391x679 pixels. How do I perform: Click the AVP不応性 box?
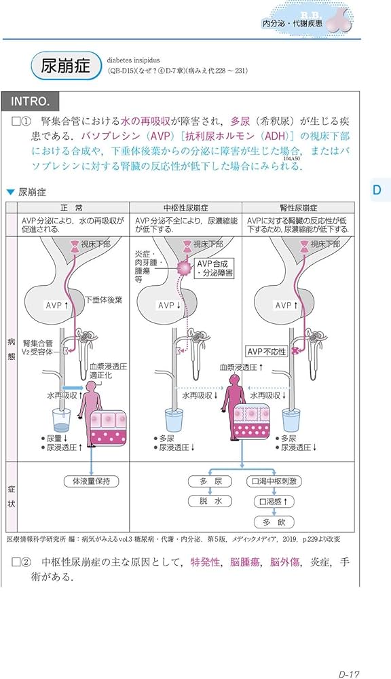click(x=267, y=351)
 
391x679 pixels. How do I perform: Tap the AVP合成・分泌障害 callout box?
click(x=214, y=269)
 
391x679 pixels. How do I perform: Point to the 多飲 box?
click(x=273, y=522)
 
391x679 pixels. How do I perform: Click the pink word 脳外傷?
click(x=285, y=562)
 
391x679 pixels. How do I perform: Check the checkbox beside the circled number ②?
click(x=17, y=562)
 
